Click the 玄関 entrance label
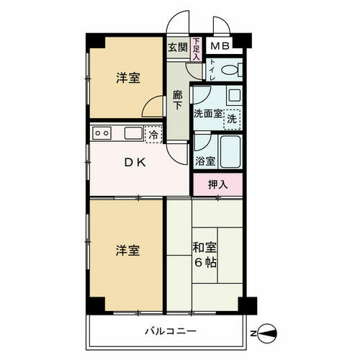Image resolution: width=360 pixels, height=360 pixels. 178,47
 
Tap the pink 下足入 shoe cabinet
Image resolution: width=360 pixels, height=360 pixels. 197,49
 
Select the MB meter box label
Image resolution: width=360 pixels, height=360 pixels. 220,45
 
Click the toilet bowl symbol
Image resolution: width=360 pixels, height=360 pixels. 232,70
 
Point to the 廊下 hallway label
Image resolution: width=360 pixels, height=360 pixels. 178,100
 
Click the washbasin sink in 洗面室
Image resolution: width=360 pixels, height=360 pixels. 234,96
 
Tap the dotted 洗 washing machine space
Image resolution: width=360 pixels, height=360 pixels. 232,120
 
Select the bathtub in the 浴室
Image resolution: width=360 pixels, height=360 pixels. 230,152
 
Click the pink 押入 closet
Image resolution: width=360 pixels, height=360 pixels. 218,184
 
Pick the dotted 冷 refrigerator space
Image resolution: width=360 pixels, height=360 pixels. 153,135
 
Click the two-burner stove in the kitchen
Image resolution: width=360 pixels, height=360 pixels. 102,132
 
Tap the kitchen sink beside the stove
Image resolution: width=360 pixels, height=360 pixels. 133,133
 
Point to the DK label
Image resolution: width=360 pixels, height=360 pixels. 135,163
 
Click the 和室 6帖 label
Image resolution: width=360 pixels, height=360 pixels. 204,255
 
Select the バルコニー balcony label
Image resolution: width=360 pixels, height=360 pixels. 171,331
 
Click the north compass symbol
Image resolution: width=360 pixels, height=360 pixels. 266,333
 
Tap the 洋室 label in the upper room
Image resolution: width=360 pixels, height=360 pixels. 128,78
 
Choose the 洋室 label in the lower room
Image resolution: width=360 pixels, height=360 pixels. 127,250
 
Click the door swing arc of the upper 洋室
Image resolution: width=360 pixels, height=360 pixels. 149,102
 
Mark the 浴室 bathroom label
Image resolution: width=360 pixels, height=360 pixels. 205,161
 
